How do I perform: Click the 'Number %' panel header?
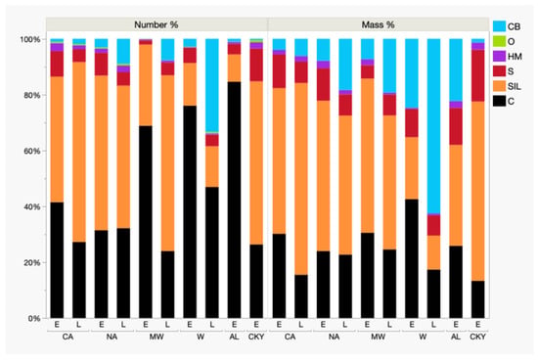point(157,24)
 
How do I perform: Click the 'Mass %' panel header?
point(379,24)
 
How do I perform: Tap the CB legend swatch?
point(499,26)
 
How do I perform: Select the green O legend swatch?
point(499,41)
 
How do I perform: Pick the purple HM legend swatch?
point(499,57)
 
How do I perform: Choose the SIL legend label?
point(515,86)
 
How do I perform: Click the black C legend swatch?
point(499,101)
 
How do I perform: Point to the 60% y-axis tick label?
point(32,151)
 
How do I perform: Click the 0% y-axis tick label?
point(34,319)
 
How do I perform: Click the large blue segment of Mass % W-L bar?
point(433,126)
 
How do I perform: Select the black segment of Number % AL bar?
point(235,201)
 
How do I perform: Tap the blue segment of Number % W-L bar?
point(212,85)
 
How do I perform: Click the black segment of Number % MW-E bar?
point(146,222)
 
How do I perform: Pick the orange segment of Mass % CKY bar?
point(478,191)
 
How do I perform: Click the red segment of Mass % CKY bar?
point(478,76)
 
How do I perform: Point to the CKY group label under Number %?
point(256,337)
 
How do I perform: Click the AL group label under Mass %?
point(456,337)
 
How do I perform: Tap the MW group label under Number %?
point(157,337)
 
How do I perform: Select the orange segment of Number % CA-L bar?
point(79,152)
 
